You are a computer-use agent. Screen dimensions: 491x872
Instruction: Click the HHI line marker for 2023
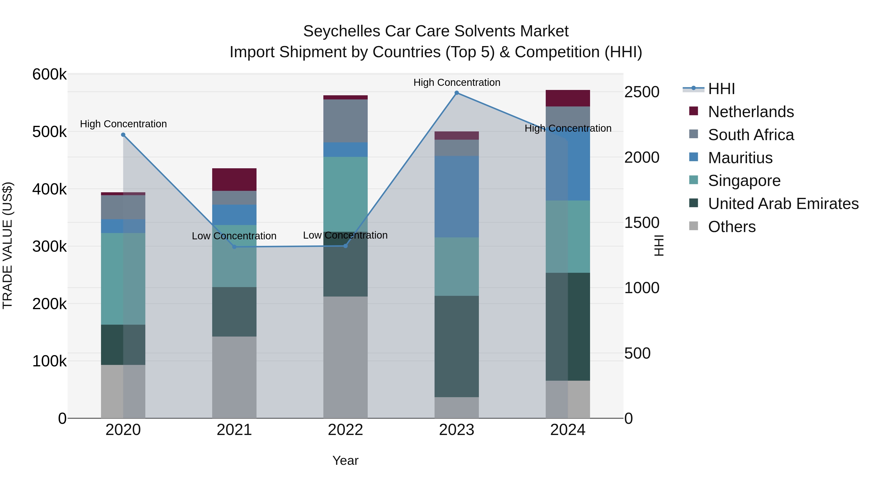pyautogui.click(x=456, y=93)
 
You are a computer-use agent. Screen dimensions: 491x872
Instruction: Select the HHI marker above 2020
pyautogui.click(x=123, y=135)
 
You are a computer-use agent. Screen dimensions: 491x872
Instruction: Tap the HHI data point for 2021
pyautogui.click(x=234, y=247)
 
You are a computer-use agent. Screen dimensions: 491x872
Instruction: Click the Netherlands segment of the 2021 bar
pyautogui.click(x=234, y=180)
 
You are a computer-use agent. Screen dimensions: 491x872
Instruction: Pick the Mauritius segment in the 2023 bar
pyautogui.click(x=456, y=197)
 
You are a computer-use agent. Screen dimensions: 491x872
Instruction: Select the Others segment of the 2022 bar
pyautogui.click(x=345, y=357)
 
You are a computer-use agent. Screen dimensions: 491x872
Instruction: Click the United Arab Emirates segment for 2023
pyautogui.click(x=456, y=346)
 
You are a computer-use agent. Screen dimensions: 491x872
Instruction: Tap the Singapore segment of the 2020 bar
pyautogui.click(x=123, y=279)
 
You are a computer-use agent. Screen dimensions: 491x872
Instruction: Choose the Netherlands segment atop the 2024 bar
pyautogui.click(x=568, y=98)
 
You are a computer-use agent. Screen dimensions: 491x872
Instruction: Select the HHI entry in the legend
pyautogui.click(x=721, y=89)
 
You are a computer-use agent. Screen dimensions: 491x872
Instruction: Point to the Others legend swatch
pyautogui.click(x=693, y=226)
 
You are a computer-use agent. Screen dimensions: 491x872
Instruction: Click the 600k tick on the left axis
pyautogui.click(x=49, y=74)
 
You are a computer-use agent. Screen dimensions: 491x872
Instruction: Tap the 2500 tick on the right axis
pyautogui.click(x=641, y=92)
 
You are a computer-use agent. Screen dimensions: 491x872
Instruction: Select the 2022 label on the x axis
pyautogui.click(x=345, y=430)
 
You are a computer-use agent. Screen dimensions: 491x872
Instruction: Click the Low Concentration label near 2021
pyautogui.click(x=234, y=236)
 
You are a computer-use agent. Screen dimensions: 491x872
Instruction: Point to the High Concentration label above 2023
pyautogui.click(x=456, y=82)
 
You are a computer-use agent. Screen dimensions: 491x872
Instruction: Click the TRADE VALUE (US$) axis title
pyautogui.click(x=8, y=245)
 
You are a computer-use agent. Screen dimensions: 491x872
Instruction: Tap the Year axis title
pyautogui.click(x=345, y=460)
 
